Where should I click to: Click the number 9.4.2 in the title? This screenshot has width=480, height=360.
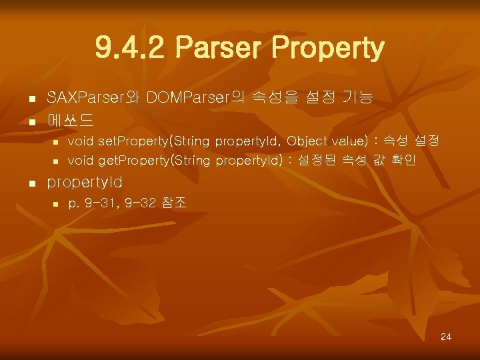click(x=130, y=48)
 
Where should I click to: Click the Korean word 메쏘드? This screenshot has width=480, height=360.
click(x=70, y=121)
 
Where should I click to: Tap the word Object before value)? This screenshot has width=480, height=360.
click(x=309, y=141)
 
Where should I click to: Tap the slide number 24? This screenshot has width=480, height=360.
click(x=446, y=337)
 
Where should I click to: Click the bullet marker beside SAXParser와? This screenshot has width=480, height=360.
click(x=31, y=101)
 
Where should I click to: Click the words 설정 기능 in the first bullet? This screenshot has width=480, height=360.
click(x=339, y=99)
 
